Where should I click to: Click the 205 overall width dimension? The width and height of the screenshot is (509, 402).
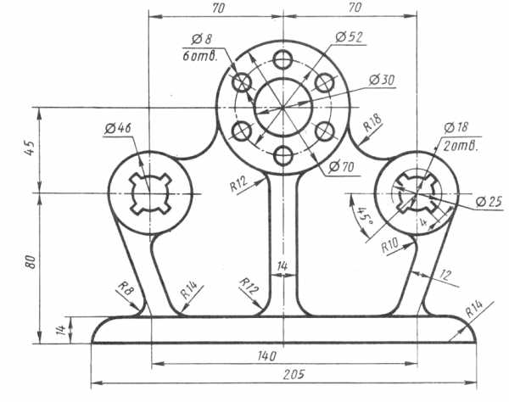294,375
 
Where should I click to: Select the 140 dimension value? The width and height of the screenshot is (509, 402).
267,356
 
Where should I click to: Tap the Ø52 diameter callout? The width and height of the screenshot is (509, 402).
349,37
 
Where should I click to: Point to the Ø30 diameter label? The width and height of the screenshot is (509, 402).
382,80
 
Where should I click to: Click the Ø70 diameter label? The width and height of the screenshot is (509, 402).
341,167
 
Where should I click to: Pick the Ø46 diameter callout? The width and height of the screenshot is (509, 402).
118,128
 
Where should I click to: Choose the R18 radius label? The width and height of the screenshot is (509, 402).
372,122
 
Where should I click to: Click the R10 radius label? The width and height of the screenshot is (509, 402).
389,246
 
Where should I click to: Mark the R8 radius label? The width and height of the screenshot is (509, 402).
126,288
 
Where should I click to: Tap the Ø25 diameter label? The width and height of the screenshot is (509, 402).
489,202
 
